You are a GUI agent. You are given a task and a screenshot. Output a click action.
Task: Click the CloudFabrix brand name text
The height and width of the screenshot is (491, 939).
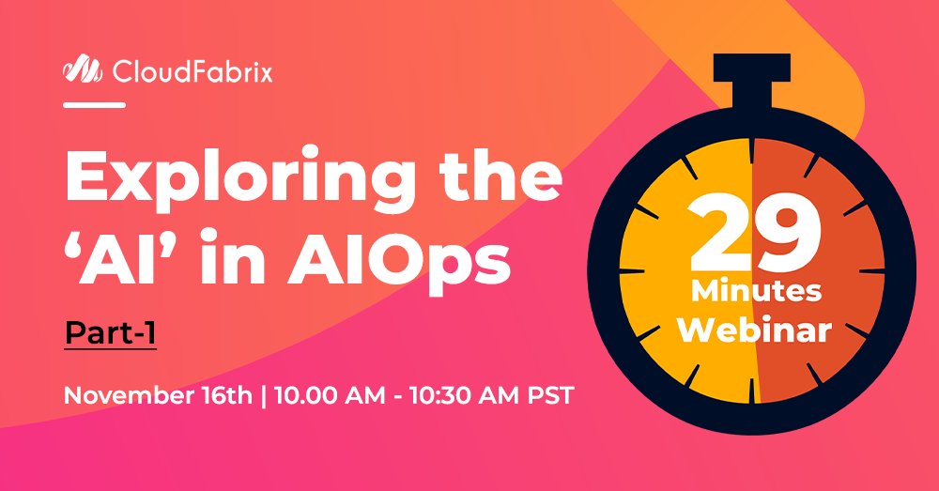pyautogui.click(x=192, y=70)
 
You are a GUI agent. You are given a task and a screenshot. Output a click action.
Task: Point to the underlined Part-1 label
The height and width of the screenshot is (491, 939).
pyautogui.click(x=109, y=333)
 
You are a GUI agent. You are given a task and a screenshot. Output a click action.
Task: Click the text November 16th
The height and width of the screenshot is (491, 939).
pyautogui.click(x=157, y=393)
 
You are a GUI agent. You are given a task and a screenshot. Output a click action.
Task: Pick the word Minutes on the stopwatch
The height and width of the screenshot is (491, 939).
pyautogui.click(x=757, y=291)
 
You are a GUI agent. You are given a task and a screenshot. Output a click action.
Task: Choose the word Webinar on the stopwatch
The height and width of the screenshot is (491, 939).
pyautogui.click(x=757, y=330)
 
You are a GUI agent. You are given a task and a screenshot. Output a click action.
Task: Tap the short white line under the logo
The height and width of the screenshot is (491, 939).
pyautogui.click(x=94, y=105)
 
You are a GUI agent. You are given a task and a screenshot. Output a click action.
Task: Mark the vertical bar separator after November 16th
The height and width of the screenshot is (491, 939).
pyautogui.click(x=263, y=393)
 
